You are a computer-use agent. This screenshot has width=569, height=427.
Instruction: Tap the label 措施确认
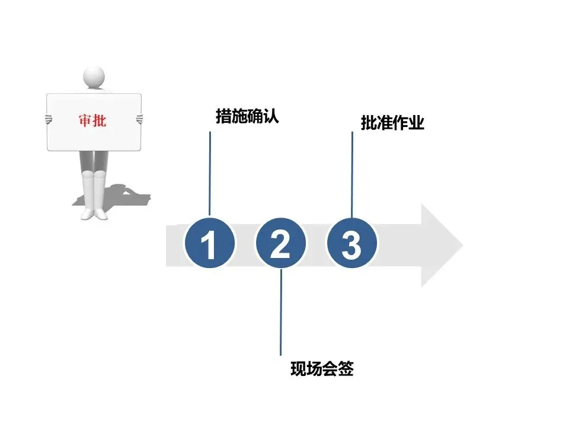[x=247, y=116]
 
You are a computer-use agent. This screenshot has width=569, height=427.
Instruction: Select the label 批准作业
[x=392, y=123]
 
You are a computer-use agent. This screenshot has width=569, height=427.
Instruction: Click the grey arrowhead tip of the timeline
[x=456, y=245]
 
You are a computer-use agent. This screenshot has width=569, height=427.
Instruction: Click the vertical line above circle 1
[x=210, y=172]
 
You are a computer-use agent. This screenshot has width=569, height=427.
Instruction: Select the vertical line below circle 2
[x=281, y=311]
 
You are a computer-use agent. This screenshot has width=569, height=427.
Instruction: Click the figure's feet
[x=94, y=212]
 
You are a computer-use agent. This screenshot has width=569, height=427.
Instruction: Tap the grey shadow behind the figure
[x=127, y=196]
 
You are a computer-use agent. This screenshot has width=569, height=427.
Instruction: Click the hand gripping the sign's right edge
[x=140, y=119]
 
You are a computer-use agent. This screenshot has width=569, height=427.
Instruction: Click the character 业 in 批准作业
[x=417, y=123]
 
